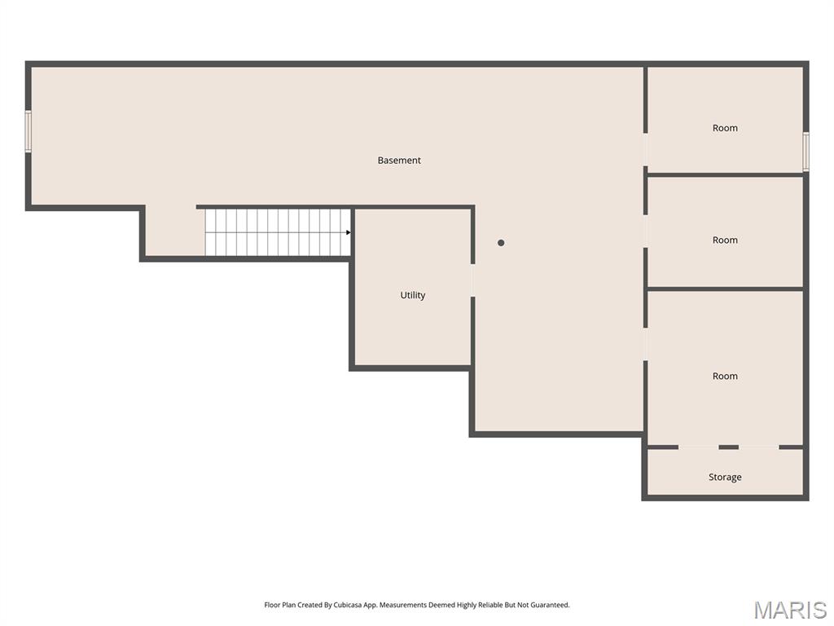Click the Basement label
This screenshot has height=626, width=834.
pyautogui.click(x=399, y=161)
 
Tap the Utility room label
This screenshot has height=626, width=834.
pyautogui.click(x=413, y=295)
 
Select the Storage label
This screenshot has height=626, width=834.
pyautogui.click(x=725, y=478)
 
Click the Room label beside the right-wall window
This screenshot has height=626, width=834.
pyautogui.click(x=725, y=128)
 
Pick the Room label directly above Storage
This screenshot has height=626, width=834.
pyautogui.click(x=725, y=377)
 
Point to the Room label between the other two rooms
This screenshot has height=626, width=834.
pyautogui.click(x=725, y=240)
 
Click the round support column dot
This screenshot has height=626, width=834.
pyautogui.click(x=501, y=243)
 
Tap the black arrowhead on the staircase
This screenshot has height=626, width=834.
pyautogui.click(x=349, y=232)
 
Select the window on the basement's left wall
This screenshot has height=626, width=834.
pyautogui.click(x=29, y=131)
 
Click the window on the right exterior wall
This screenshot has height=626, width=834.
pyautogui.click(x=805, y=152)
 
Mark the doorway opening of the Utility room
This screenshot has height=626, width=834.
pyautogui.click(x=473, y=280)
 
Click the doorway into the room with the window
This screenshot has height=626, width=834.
pyautogui.click(x=645, y=150)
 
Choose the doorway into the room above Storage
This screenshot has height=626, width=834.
pyautogui.click(x=645, y=345)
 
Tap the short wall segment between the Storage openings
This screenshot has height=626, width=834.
pyautogui.click(x=729, y=447)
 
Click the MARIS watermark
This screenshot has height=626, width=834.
pyautogui.click(x=790, y=610)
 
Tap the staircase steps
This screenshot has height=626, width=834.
pyautogui.click(x=278, y=232)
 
